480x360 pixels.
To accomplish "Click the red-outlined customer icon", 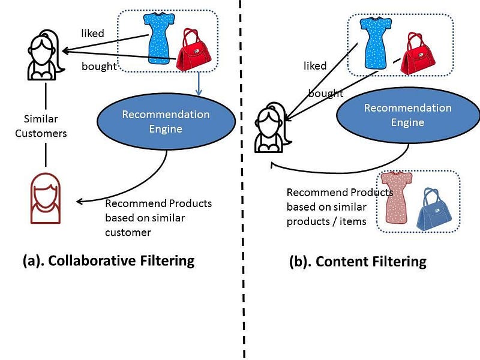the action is pos(46,199).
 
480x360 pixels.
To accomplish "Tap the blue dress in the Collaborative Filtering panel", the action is pos(158,38).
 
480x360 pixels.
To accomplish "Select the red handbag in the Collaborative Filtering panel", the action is pos(193,50).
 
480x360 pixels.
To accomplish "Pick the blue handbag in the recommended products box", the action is pos(434,209).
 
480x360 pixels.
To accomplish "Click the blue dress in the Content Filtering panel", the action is pos(376,43).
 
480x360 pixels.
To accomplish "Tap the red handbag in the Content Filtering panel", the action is pos(418,53).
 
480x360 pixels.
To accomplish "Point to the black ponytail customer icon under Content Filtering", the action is pos(272,128).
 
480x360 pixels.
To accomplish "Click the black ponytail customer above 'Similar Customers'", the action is pos(46,55).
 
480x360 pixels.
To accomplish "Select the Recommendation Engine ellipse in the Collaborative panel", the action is pos(166,122).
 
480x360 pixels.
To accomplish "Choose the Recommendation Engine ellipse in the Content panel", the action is pos(408,115).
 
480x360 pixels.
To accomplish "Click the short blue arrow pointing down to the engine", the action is pos(199,84).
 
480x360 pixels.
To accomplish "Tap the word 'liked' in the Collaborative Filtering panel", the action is pos(92,33).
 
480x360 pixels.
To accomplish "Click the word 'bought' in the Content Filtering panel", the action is pos(325,93).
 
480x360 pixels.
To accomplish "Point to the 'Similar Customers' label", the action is pos(41,126).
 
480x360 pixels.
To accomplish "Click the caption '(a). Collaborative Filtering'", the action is pos(109,261).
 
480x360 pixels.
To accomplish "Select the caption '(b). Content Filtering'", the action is pos(358,262).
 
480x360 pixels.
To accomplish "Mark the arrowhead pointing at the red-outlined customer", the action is pos(79,202).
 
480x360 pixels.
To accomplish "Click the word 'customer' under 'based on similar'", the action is pos(128,233).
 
